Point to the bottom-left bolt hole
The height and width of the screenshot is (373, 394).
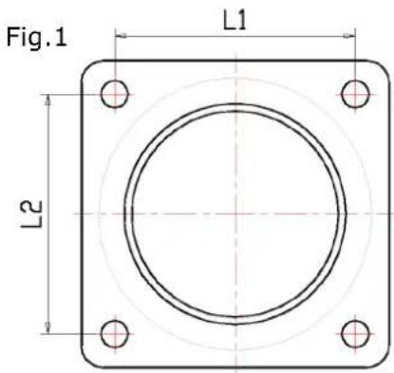click(115, 333)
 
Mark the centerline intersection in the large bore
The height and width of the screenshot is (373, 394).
click(235, 214)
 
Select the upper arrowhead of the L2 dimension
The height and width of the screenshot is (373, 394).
click(48, 98)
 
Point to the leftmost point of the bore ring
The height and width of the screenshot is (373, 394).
click(123, 214)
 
